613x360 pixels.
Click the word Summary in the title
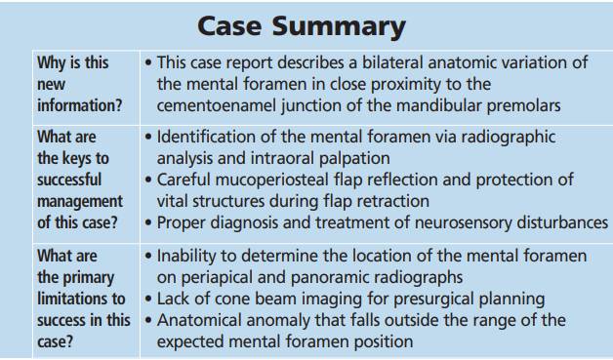(339, 27)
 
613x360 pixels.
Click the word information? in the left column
(80, 105)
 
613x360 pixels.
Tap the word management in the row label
(80, 202)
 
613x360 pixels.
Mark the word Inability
(186, 256)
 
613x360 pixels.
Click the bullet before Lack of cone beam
(148, 299)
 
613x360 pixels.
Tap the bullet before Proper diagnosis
(148, 222)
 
